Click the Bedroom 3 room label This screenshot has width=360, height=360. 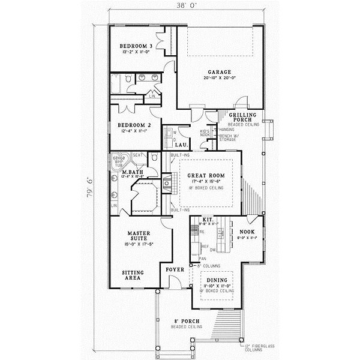coord(135,46)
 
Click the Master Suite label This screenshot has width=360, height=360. coord(139,236)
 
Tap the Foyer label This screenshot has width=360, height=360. coord(175,270)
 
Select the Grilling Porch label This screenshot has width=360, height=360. coord(244,117)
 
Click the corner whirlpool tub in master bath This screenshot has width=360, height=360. coord(119,162)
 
